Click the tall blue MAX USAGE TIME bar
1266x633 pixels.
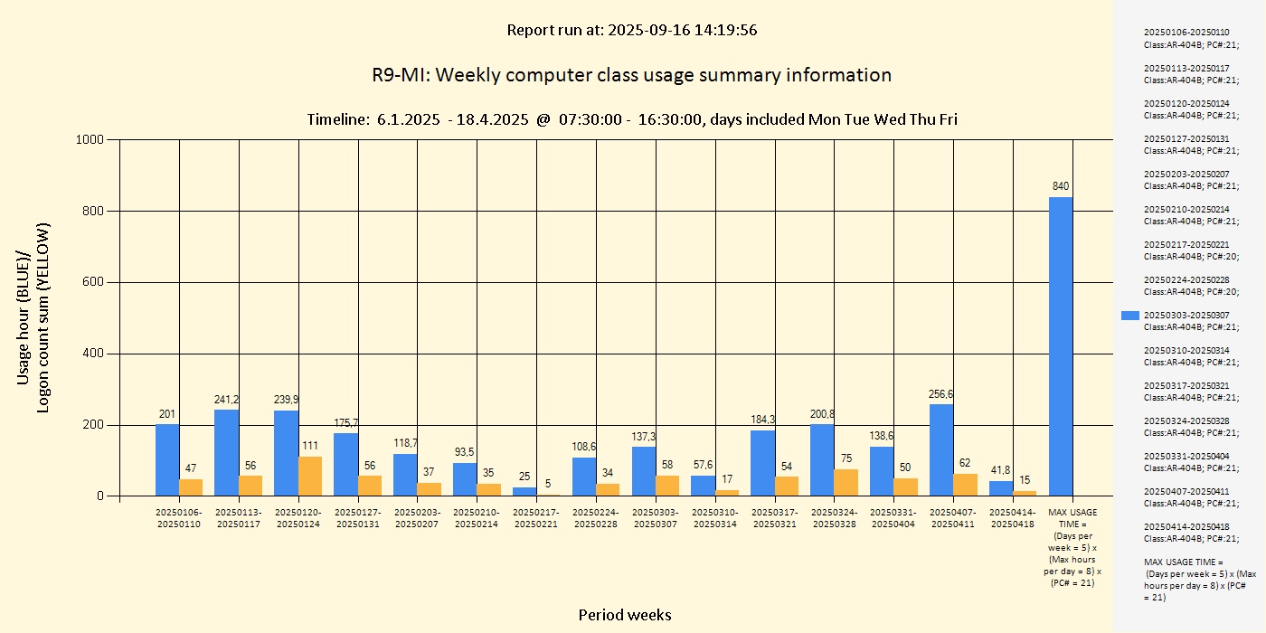[1061, 346]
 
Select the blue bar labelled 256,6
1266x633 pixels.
[941, 450]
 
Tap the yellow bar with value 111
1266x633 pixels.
[310, 477]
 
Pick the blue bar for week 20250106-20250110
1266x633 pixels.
[167, 460]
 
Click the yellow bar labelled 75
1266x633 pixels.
[846, 483]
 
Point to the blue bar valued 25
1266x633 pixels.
[524, 492]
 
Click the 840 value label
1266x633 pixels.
[1061, 186]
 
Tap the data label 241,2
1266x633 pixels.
[227, 399]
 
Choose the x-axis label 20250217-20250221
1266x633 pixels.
[536, 518]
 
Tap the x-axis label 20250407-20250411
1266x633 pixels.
[953, 518]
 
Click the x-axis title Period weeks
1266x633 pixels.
[625, 615]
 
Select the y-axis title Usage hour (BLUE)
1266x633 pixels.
[24, 316]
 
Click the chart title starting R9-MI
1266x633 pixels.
[631, 75]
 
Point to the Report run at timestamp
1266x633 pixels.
[631, 30]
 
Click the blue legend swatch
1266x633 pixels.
[1129, 316]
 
